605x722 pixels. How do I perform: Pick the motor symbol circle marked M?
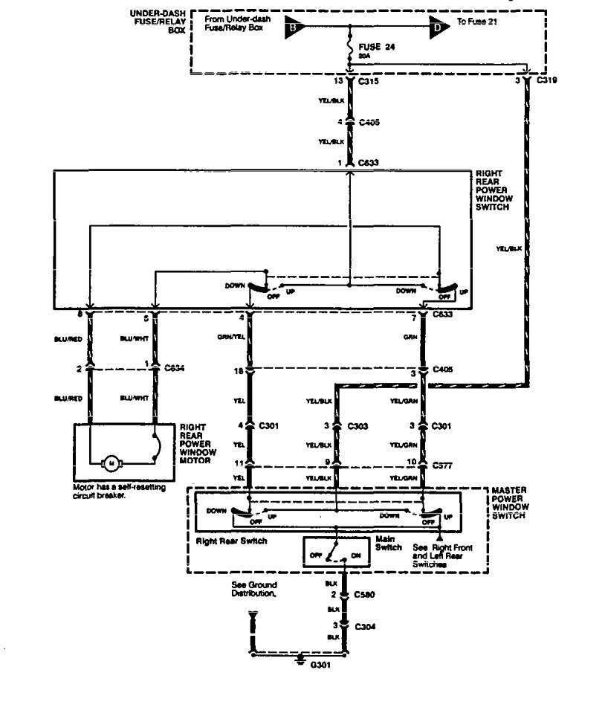click(x=112, y=464)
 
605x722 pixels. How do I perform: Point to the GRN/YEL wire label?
click(x=231, y=336)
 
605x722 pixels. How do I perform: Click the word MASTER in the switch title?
click(x=510, y=491)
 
